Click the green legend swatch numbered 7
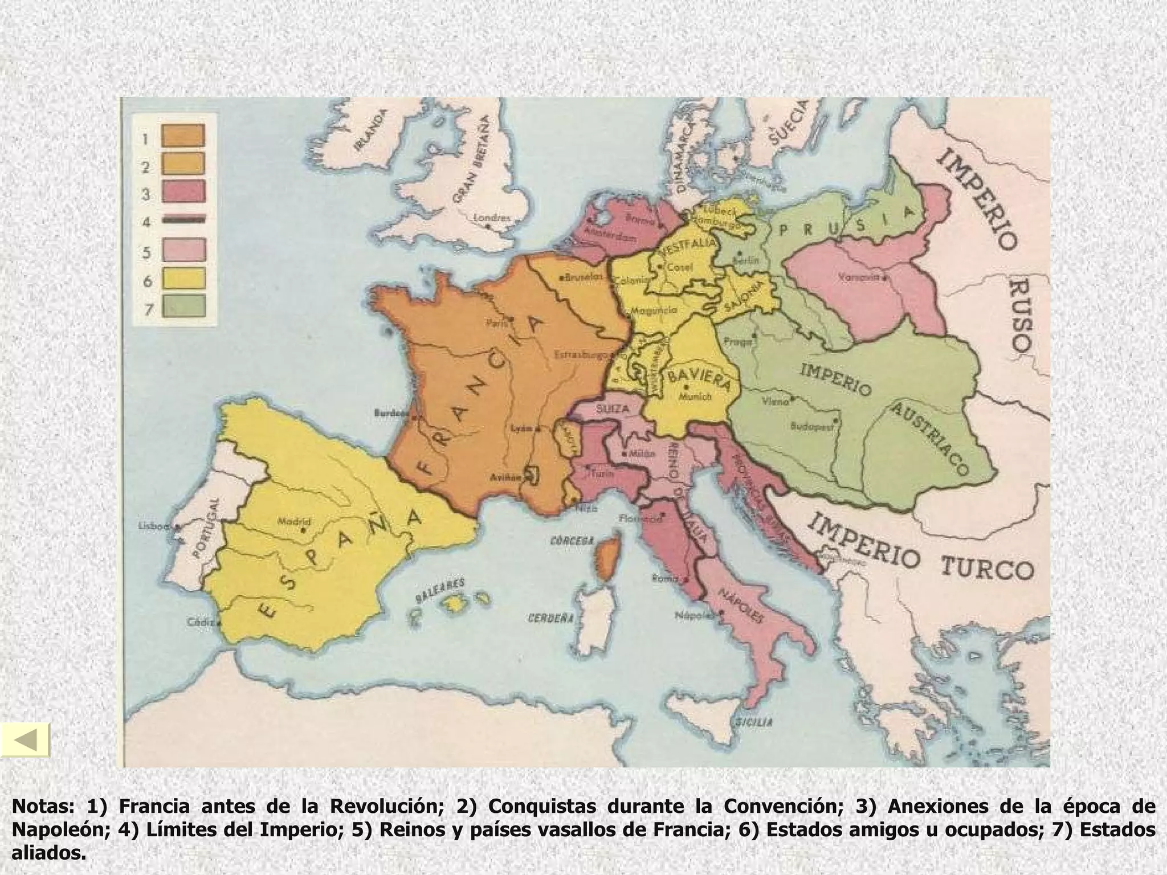point(183,305)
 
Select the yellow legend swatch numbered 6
point(183,278)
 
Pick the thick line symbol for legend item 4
point(183,220)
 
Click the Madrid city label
point(294,521)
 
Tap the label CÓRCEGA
point(572,540)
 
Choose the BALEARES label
point(440,589)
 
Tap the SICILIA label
point(753,722)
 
